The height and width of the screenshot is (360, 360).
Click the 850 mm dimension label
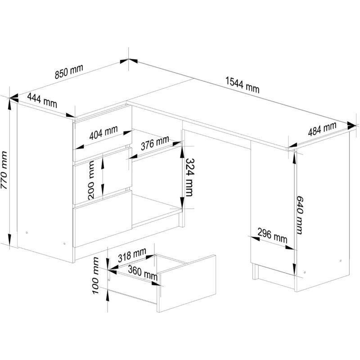[x=69, y=72]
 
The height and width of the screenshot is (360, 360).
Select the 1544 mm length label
[x=243, y=85]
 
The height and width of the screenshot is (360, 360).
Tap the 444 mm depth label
[x=42, y=100]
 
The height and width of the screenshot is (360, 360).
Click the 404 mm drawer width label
[x=103, y=132]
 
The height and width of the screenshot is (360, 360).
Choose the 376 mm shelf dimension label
[x=155, y=143]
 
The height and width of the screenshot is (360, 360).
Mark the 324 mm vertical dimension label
[x=189, y=177]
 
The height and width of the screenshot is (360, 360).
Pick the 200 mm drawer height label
[x=91, y=180]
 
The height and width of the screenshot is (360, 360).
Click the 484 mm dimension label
[x=322, y=129]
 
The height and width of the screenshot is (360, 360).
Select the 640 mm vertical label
[x=299, y=215]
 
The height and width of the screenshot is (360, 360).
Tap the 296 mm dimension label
[x=272, y=235]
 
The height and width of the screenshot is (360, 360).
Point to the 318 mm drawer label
[x=132, y=255]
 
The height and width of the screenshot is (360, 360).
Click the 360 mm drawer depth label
[x=143, y=273]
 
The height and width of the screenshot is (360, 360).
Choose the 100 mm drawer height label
[x=95, y=275]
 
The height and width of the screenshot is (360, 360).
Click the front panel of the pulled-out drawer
[x=186, y=283]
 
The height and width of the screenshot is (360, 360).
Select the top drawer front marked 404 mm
[x=103, y=133]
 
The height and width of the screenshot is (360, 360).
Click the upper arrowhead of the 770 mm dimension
[x=9, y=105]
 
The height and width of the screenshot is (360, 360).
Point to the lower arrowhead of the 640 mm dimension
[x=294, y=269]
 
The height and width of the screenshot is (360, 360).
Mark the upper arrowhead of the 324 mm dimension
[x=182, y=152]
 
